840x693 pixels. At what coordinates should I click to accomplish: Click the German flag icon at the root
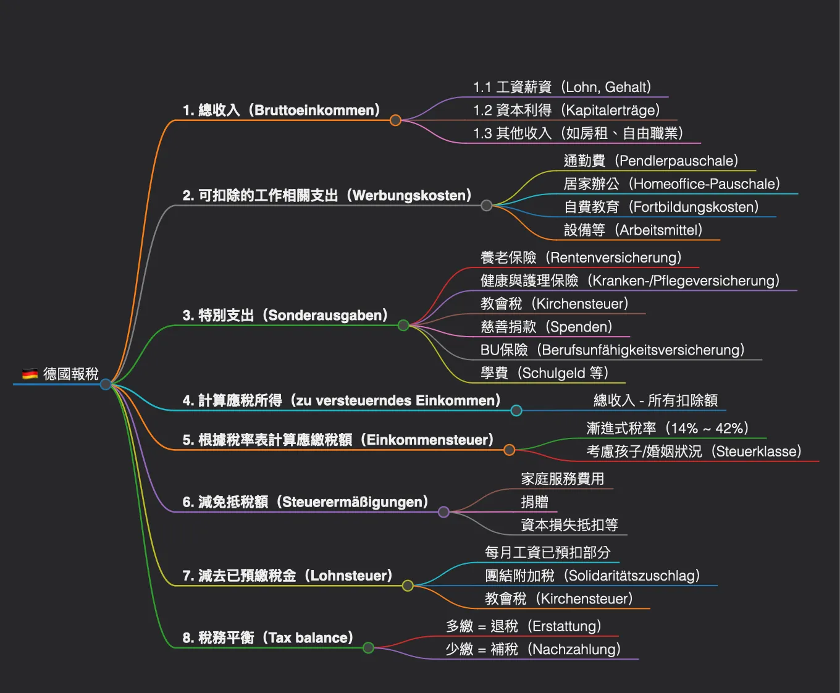[30, 374]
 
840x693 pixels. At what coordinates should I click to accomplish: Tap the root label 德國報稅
[71, 374]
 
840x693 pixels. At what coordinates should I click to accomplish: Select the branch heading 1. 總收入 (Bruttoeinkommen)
[281, 111]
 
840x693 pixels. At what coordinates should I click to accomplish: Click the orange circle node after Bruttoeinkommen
[395, 120]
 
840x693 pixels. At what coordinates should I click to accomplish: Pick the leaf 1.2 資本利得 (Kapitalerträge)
[566, 111]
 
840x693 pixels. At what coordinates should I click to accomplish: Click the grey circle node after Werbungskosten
[487, 206]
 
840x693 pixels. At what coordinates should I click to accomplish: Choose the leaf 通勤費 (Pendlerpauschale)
[651, 161]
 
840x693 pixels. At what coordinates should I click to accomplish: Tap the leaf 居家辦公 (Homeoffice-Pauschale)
[671, 184]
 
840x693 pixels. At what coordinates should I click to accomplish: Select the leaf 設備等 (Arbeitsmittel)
[633, 230]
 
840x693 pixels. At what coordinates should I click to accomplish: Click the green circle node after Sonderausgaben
[403, 325]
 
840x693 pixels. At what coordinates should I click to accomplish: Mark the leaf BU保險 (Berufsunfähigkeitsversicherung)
[612, 350]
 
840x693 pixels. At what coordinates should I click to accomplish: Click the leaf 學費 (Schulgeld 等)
[544, 373]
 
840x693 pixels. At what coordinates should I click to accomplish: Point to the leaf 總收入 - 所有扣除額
[655, 400]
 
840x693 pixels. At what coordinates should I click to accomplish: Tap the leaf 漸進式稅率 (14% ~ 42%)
[667, 429]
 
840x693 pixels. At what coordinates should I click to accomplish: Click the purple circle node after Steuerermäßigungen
[443, 512]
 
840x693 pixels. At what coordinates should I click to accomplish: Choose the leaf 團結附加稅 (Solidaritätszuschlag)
[592, 576]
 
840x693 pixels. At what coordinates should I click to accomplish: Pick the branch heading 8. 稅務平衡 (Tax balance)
[267, 638]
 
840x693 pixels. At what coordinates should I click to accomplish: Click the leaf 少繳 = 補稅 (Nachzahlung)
[533, 649]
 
